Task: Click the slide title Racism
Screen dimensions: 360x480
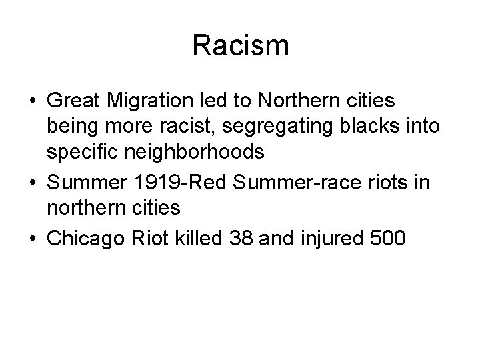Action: (x=240, y=46)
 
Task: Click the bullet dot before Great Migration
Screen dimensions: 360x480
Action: (x=32, y=103)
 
